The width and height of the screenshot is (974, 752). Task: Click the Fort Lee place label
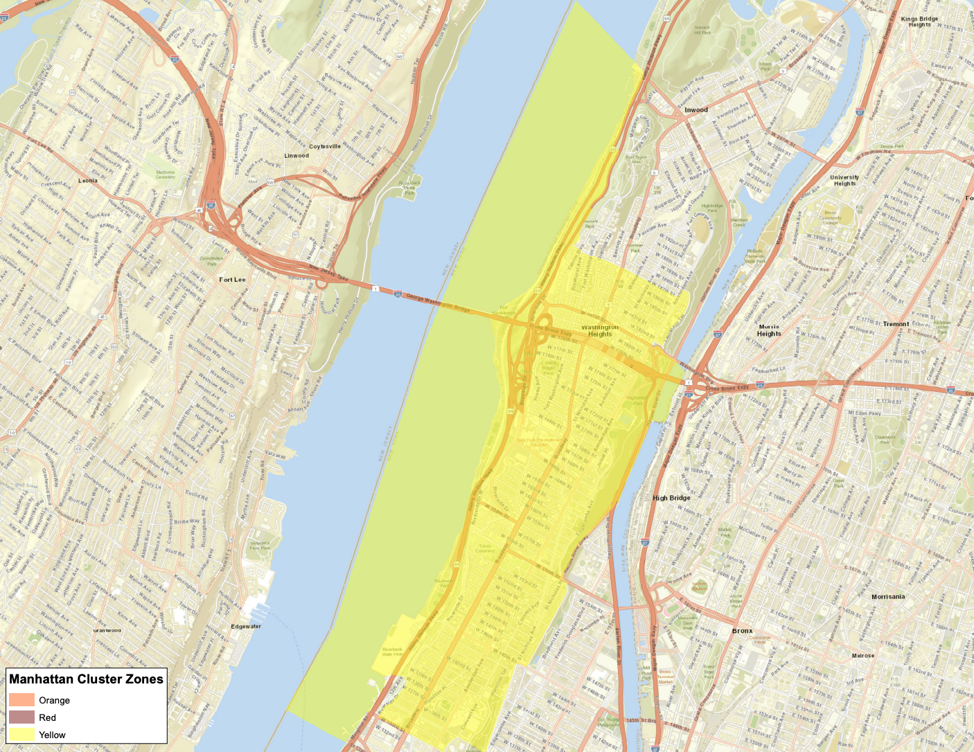click(x=232, y=280)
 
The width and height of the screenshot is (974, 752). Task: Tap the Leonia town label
click(x=88, y=181)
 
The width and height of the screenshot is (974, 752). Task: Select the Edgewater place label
click(x=246, y=627)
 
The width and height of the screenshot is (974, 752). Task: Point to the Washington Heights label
click(x=600, y=330)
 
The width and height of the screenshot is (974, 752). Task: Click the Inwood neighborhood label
click(x=696, y=110)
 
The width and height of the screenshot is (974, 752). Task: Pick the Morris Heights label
click(x=769, y=330)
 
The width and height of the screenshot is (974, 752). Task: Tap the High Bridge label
click(x=671, y=498)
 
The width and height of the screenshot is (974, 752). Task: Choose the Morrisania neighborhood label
click(x=888, y=596)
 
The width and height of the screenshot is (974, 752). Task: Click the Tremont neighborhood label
click(x=896, y=324)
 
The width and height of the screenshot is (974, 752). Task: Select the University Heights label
click(x=844, y=180)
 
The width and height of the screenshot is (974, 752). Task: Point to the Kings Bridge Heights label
click(x=919, y=21)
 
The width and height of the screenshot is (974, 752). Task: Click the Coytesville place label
click(x=325, y=147)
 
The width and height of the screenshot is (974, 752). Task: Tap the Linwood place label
click(x=296, y=156)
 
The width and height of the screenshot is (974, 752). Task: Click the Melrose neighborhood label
click(x=862, y=656)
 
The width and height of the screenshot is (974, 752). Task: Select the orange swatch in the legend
click(x=21, y=700)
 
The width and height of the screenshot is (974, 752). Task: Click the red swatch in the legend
click(x=21, y=717)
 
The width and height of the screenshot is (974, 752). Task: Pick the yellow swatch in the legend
click(x=21, y=735)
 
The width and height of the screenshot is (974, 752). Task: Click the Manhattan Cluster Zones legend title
click(x=87, y=679)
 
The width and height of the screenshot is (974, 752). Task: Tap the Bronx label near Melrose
click(x=742, y=631)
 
